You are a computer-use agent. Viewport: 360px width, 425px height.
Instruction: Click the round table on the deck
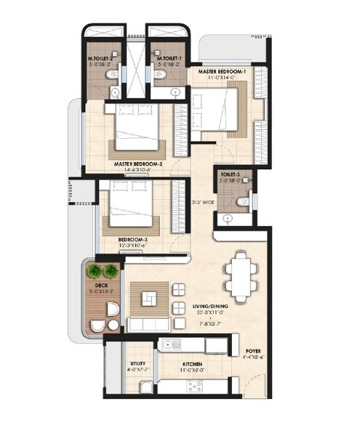point(111,312)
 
